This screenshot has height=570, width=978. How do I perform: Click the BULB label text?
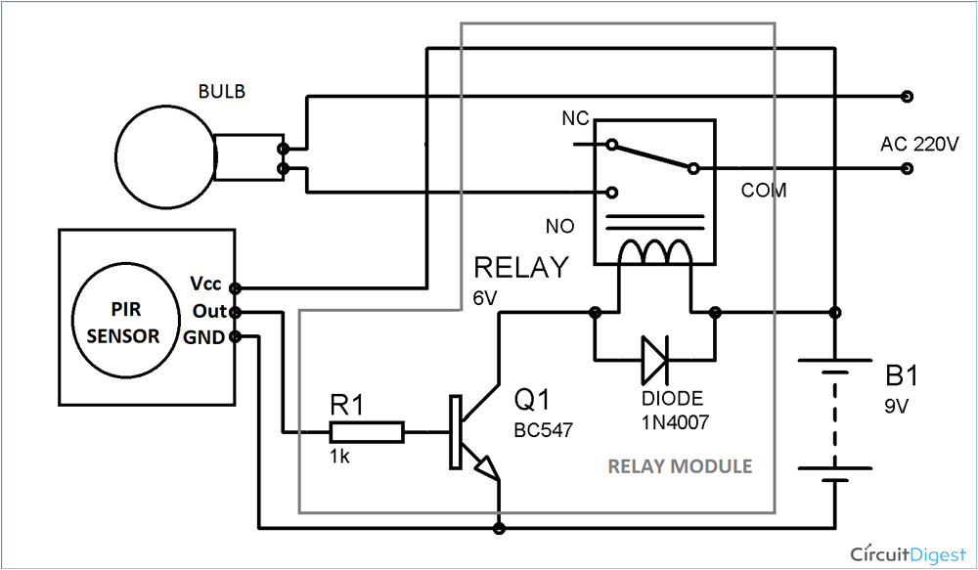point(221,92)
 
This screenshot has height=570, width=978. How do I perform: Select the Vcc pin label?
point(206,284)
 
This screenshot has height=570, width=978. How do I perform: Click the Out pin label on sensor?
point(208,311)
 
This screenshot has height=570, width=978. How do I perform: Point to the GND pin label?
point(206,337)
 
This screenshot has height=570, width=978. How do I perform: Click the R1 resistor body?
point(367,431)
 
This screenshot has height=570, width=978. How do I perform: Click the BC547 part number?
point(541,429)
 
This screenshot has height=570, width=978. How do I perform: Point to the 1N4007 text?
point(675,423)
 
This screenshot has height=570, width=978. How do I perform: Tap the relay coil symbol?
point(655,254)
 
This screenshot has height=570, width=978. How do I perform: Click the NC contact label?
point(574,118)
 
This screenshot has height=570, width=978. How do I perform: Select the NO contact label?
point(559,227)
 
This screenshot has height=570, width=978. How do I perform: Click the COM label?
point(763,191)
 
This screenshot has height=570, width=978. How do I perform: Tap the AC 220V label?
point(919,144)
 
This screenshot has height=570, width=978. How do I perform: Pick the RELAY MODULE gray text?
point(680,466)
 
